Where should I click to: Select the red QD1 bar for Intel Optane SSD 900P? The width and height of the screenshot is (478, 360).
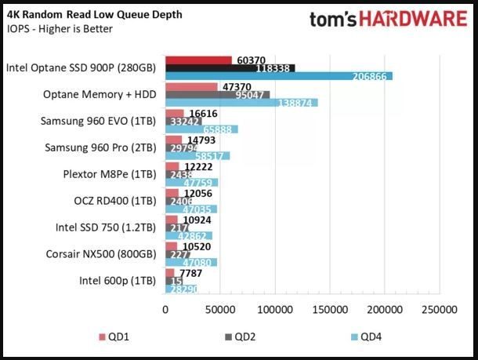[198, 60]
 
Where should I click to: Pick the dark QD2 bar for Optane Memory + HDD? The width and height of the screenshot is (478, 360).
[217, 95]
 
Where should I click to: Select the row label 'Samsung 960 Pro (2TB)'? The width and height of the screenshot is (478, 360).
[100, 147]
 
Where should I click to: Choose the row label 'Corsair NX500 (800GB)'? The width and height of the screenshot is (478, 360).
[100, 253]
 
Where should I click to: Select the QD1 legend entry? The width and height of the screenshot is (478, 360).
[114, 338]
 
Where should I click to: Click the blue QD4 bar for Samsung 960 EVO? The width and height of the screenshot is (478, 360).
[201, 129]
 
